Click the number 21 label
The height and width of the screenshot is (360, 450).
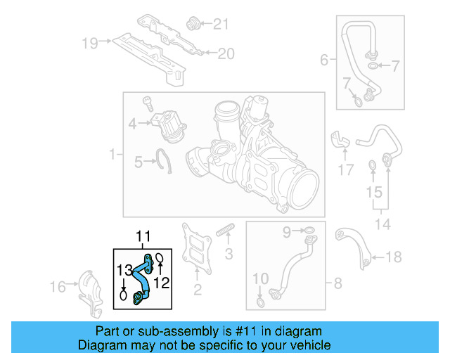pos(221,25)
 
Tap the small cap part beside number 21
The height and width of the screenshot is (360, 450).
pos(191,25)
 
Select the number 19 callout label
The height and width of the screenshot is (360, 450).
pos(90,43)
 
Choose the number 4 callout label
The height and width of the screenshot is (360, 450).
pos(324,60)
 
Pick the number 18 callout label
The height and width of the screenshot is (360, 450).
pos(394,257)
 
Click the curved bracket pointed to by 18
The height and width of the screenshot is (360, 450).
pos(354,246)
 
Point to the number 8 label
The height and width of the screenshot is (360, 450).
pos(337,283)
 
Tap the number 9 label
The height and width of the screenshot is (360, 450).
pos(287,230)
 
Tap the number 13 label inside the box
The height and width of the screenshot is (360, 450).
pos(124,270)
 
